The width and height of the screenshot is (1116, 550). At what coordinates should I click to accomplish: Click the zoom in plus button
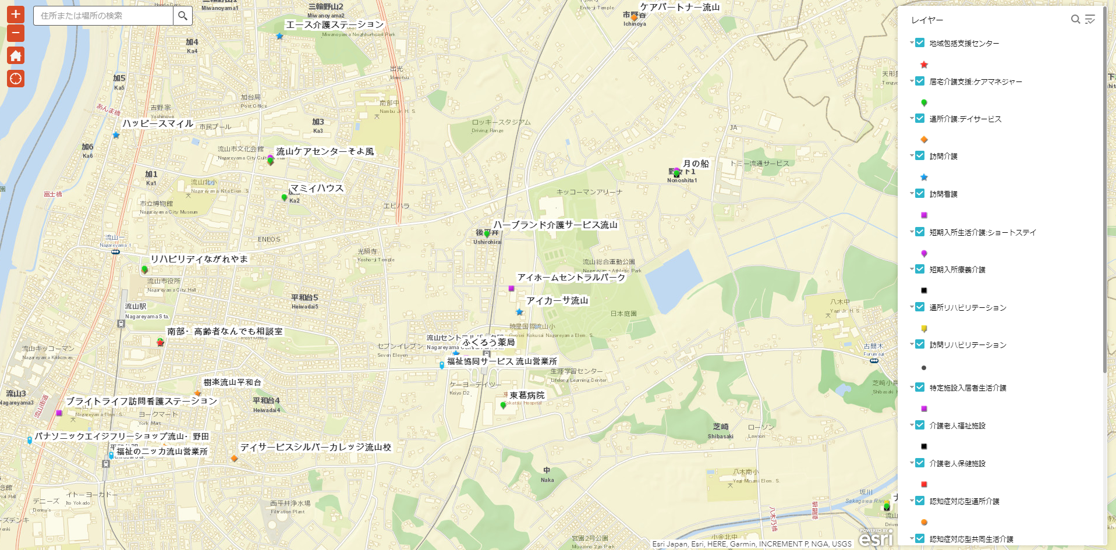click(16, 14)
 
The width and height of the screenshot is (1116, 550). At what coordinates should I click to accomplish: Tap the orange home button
click(16, 56)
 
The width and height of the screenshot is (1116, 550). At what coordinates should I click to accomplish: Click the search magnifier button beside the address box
click(183, 16)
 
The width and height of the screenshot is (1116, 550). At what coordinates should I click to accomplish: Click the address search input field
click(103, 16)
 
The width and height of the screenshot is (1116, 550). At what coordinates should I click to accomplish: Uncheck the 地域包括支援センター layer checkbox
click(920, 42)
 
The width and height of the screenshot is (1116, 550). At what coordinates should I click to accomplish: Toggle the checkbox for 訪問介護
click(920, 156)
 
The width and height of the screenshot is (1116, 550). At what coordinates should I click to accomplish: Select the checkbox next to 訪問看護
click(920, 194)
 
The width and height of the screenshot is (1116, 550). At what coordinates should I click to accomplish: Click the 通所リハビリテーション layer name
click(968, 307)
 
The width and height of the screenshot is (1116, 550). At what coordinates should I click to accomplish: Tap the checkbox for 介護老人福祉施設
click(920, 425)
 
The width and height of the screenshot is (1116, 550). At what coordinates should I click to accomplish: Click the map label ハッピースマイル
click(158, 123)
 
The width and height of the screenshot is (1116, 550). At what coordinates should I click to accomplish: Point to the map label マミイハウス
click(317, 188)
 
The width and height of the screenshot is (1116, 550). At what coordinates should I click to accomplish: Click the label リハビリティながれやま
click(199, 258)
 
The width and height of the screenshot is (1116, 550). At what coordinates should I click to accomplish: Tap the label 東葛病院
click(527, 395)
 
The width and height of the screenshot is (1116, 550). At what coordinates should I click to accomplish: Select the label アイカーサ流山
click(557, 300)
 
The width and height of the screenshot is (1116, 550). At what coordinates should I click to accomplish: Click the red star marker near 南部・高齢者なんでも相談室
click(161, 343)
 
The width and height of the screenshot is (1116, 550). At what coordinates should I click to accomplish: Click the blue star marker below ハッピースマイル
click(116, 135)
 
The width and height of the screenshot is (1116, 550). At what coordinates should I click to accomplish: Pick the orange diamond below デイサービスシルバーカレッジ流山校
click(234, 459)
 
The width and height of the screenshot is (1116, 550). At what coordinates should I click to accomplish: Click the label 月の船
click(696, 164)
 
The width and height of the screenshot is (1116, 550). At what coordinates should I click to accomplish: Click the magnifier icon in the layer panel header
click(1075, 19)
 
